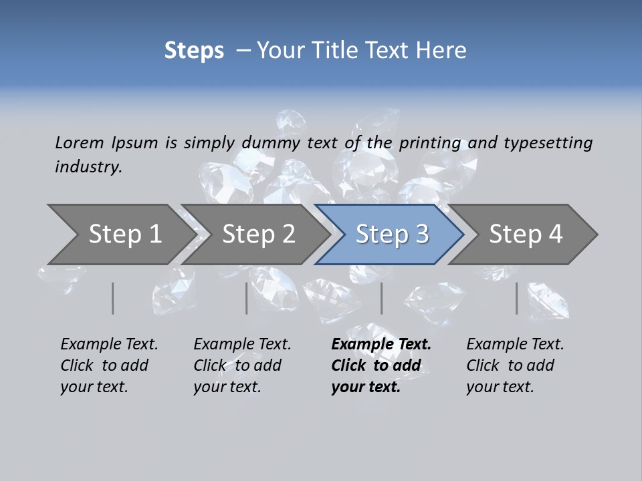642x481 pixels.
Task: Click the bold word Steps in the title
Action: click(x=194, y=51)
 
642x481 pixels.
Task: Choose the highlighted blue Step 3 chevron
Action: click(x=392, y=234)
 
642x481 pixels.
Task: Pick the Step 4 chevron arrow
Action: click(x=526, y=234)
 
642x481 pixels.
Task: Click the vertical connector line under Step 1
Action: click(x=113, y=298)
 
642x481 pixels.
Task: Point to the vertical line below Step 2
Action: click(x=247, y=298)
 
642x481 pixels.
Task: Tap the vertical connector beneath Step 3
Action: click(x=381, y=298)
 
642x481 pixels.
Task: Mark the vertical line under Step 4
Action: click(x=517, y=298)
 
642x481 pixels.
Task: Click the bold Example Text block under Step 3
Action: click(x=381, y=365)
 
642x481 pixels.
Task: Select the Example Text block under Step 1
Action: click(x=109, y=365)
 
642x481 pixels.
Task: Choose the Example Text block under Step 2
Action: click(x=242, y=365)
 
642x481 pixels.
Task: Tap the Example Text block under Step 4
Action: click(x=515, y=365)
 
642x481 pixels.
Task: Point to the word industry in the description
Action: click(x=88, y=167)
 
